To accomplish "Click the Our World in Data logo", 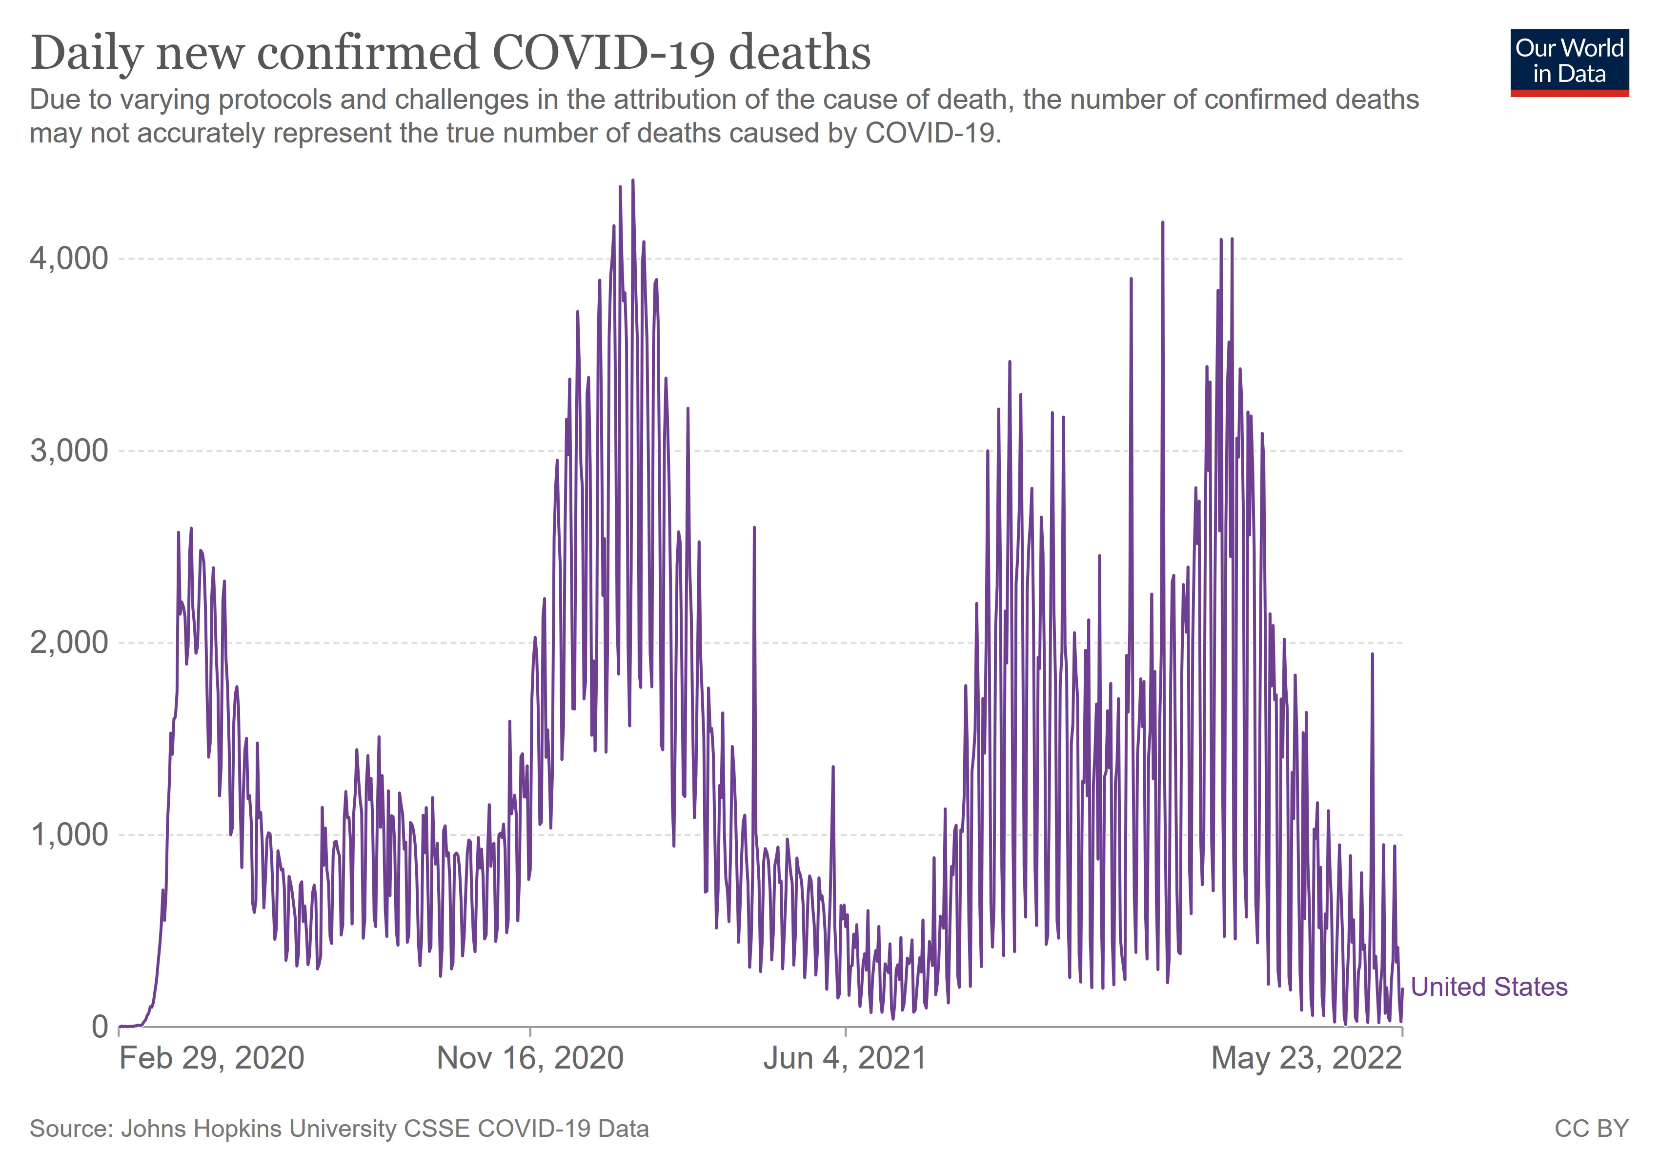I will (1569, 61).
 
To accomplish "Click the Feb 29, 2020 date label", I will (212, 1058).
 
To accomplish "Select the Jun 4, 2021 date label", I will (845, 1058).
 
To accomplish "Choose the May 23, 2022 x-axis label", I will (1306, 1058).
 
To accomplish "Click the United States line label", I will (1489, 987).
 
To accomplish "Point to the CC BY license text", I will (1591, 1129).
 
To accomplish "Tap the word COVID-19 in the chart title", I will (604, 54).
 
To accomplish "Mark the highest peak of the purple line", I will (633, 181).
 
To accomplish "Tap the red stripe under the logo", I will (1569, 93).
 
